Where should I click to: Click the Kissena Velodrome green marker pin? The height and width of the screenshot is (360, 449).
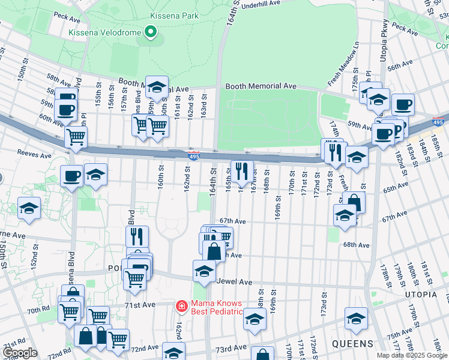[x=150, y=32]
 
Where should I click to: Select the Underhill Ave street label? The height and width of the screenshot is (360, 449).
[x=260, y=4]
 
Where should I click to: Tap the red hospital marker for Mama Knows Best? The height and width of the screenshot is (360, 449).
[x=181, y=307]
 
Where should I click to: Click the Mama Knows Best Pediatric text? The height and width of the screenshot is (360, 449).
[x=217, y=307]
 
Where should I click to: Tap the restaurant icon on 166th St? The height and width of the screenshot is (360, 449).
[x=242, y=170]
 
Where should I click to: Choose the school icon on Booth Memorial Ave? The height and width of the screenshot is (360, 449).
[x=157, y=86]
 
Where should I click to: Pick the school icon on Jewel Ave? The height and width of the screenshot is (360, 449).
[x=204, y=271]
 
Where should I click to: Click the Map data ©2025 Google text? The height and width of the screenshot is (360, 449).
[x=411, y=355]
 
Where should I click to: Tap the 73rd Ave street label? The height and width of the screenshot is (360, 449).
[x=231, y=348]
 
